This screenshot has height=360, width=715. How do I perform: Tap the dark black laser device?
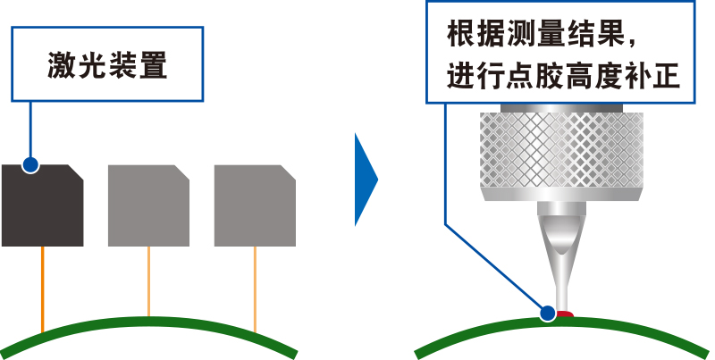coord(42,206)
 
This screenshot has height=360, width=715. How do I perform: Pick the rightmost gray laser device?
coord(255,206)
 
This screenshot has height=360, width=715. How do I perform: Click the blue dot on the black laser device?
coord(30,165)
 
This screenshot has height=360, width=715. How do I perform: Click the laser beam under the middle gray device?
coord(149,280)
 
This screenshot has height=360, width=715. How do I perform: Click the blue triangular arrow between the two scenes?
coord(365,180)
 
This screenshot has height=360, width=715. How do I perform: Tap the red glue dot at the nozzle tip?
coord(564,312)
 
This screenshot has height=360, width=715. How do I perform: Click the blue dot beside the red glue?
coord(547,313)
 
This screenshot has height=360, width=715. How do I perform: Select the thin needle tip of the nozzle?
coord(561,290)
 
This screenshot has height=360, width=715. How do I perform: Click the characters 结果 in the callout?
coord(594,37)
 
